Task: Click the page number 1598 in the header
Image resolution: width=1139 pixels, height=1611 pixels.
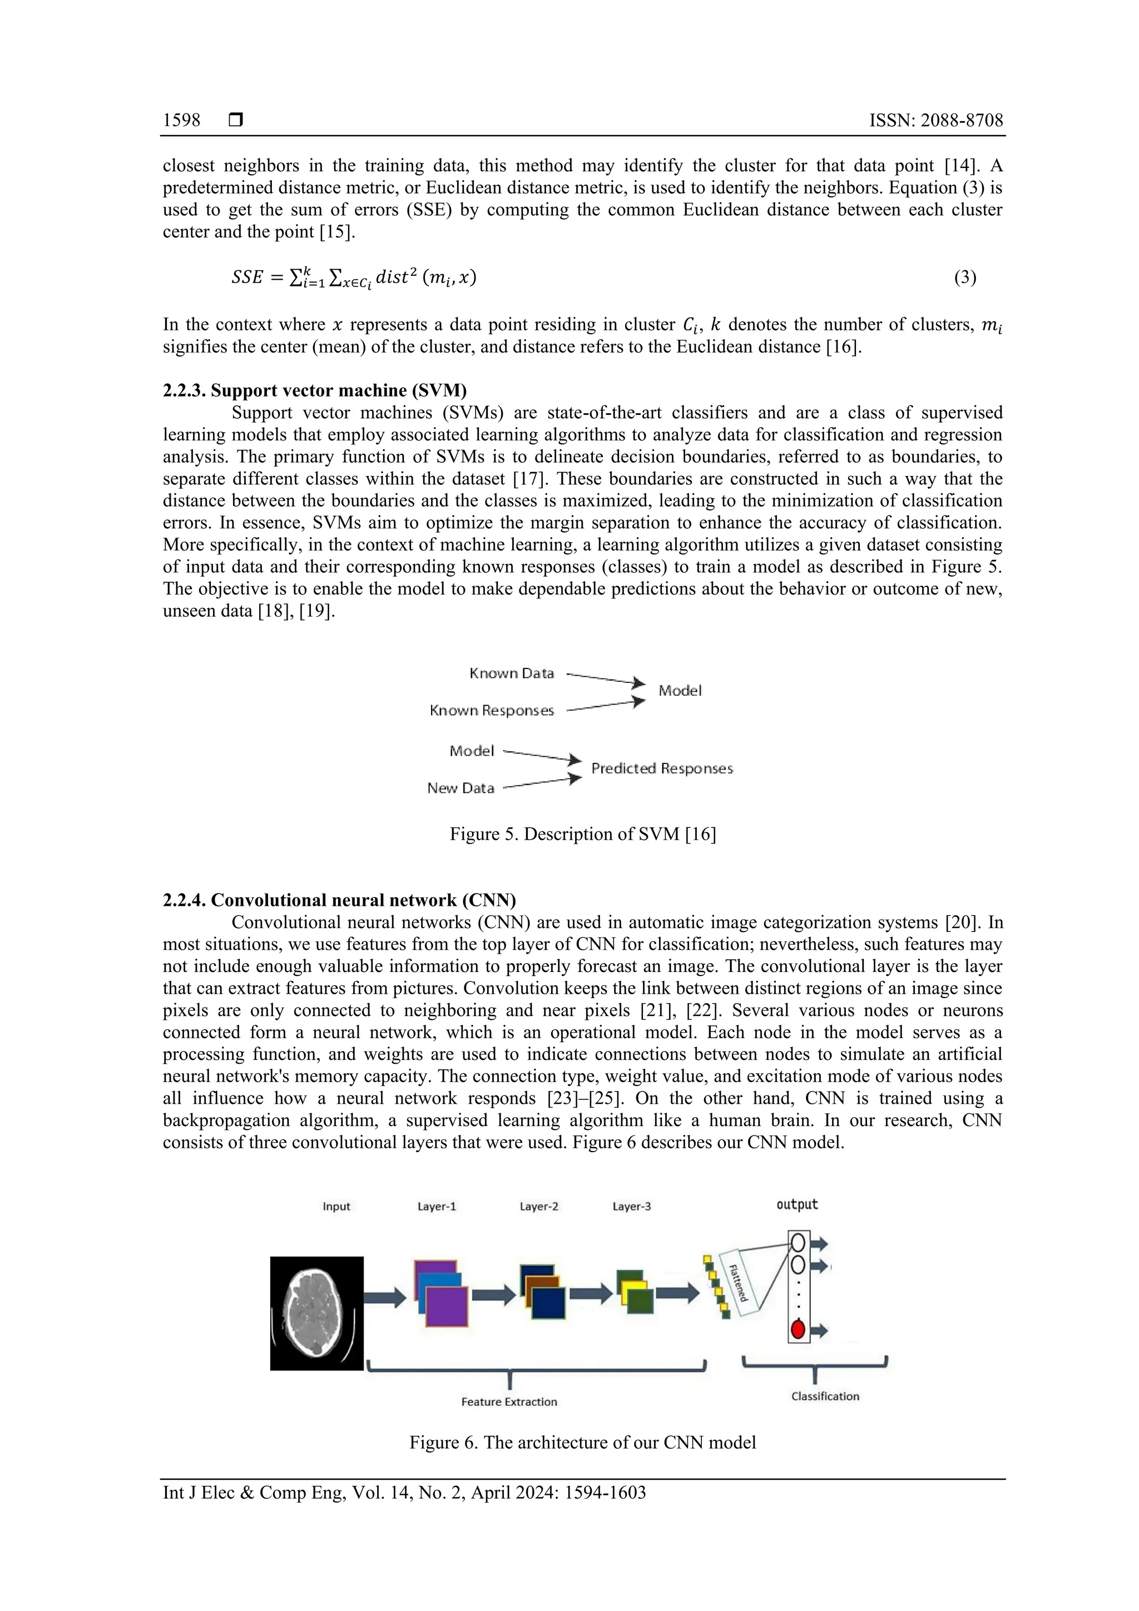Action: tap(181, 121)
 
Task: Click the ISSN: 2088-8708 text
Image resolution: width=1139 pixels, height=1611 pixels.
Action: tap(935, 121)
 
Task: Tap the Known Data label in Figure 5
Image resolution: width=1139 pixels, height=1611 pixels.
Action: tap(512, 673)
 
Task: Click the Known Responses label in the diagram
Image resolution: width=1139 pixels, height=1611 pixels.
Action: tap(492, 711)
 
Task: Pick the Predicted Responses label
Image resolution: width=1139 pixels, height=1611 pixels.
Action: tap(662, 769)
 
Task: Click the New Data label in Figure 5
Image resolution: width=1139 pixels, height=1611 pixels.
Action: tap(460, 788)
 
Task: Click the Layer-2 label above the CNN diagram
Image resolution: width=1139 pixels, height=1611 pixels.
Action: tap(539, 1207)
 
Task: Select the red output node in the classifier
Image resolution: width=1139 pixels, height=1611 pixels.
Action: tap(797, 1329)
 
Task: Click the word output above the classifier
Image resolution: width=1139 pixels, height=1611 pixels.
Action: tap(796, 1204)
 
